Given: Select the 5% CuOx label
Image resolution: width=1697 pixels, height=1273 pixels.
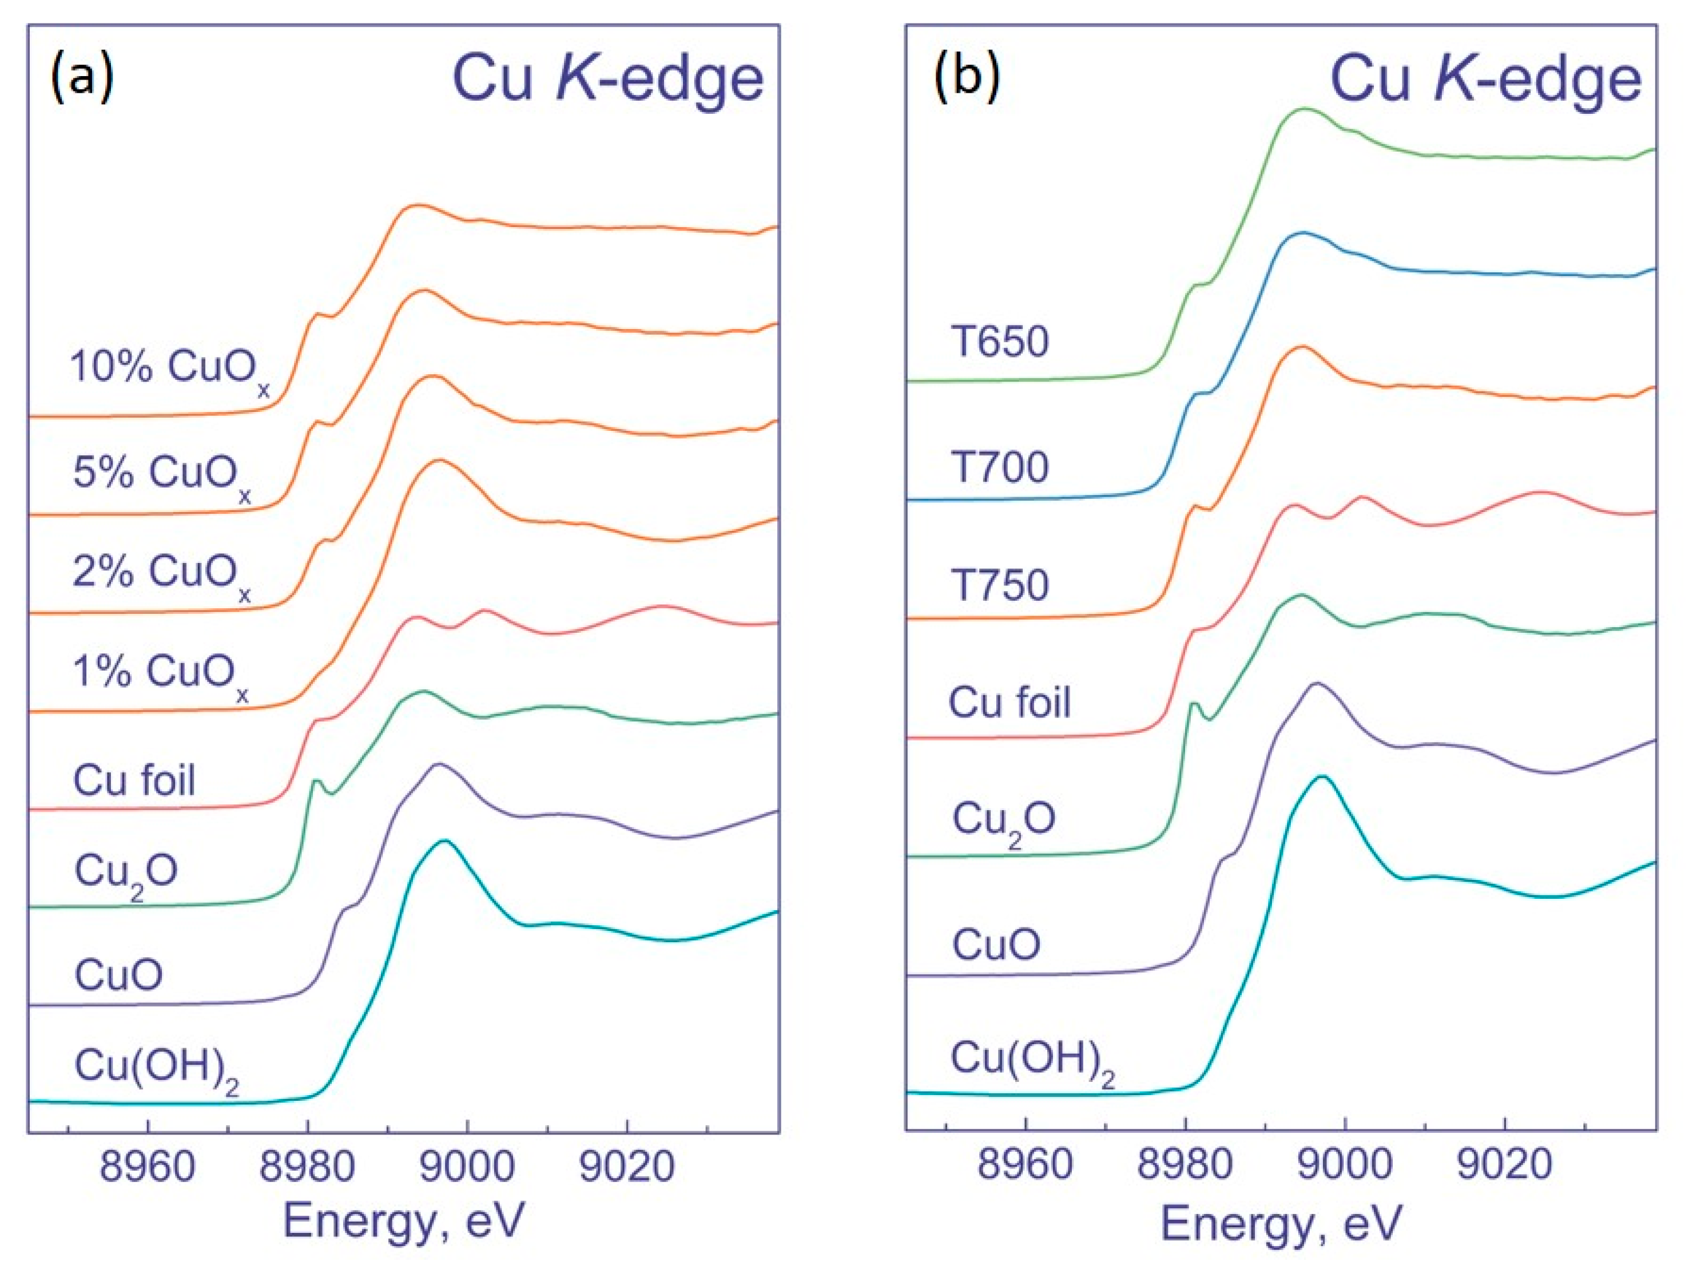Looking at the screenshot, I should point(162,474).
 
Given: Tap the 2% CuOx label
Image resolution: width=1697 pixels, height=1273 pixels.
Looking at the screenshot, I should point(162,573).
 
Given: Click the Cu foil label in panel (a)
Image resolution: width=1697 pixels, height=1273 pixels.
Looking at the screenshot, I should point(134,781).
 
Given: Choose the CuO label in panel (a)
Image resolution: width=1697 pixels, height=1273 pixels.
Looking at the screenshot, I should point(118,975).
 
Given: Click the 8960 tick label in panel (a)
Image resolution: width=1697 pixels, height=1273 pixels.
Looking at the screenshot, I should point(148,1167).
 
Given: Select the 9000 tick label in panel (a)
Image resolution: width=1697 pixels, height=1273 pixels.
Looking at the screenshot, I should point(467,1167).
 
